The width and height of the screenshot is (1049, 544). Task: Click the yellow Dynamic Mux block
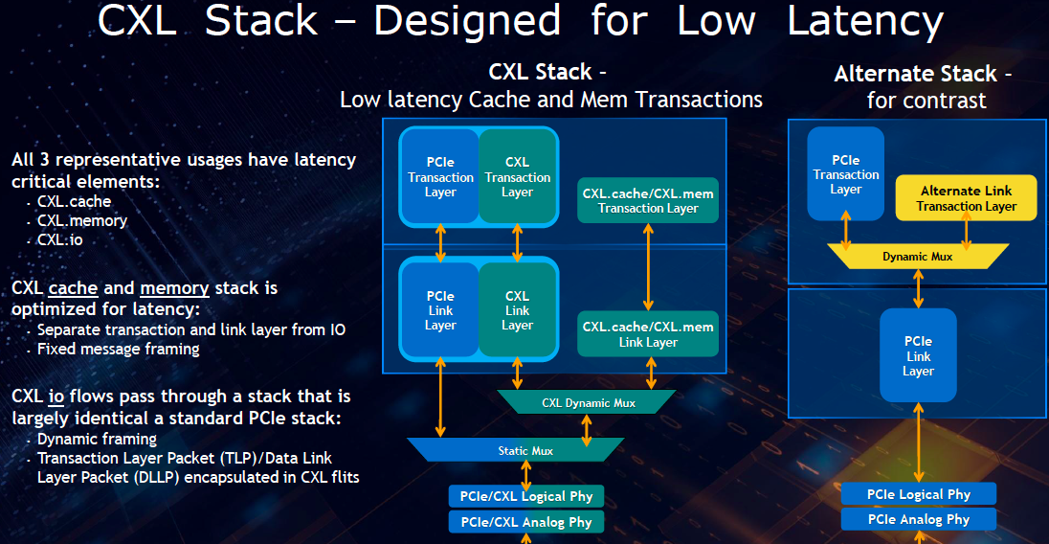[918, 257]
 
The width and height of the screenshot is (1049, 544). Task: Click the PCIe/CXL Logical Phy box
[526, 496]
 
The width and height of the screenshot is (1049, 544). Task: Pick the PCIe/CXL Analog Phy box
[526, 522]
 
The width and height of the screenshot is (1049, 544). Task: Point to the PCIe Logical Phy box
[918, 494]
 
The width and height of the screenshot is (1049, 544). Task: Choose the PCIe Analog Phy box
[918, 519]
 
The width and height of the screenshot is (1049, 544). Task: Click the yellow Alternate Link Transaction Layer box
[966, 198]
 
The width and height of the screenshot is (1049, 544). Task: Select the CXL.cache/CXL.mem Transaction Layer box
[648, 200]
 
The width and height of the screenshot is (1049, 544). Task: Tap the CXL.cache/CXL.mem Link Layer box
[648, 334]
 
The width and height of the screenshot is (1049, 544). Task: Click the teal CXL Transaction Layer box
[517, 177]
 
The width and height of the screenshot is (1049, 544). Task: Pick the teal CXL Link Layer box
[517, 310]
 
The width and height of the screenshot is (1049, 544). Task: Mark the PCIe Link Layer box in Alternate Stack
[918, 355]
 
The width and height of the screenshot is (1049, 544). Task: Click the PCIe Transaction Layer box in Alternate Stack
[845, 174]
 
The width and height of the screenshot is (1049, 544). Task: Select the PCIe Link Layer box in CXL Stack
[440, 310]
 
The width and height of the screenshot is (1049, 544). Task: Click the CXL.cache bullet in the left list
[74, 201]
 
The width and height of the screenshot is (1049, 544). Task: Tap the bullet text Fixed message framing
[118, 349]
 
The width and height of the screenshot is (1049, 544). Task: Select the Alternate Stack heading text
[923, 74]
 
